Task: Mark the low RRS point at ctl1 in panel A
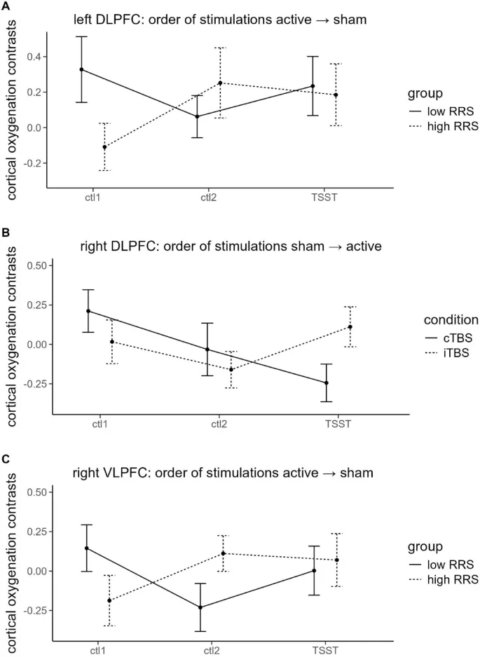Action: click(x=81, y=69)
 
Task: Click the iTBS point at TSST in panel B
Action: click(x=350, y=327)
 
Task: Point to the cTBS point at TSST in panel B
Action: click(x=326, y=383)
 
